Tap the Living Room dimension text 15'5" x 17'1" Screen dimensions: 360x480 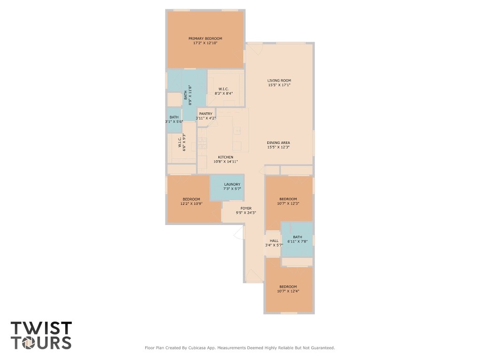279,85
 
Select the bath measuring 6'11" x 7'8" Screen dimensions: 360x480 297,239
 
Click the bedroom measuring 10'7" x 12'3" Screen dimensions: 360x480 288,201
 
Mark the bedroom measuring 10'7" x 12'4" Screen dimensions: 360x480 288,289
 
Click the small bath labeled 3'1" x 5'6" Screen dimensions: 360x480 174,119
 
